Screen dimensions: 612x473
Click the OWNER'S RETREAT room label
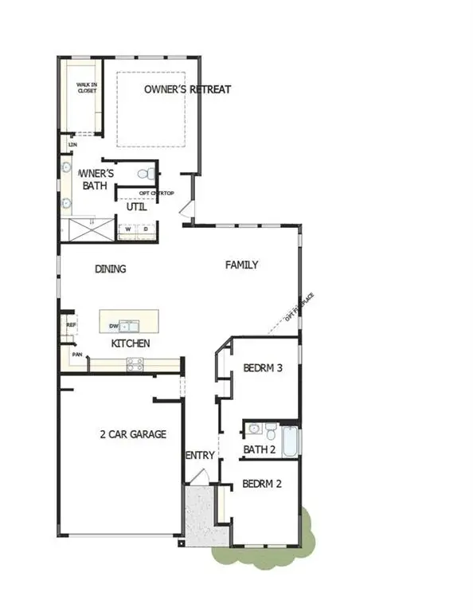[x=187, y=89]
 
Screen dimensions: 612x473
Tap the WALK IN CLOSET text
[x=86, y=88]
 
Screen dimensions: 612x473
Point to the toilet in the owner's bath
[x=144, y=174]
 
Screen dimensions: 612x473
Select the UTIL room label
[x=135, y=207]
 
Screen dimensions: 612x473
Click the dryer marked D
[x=146, y=230]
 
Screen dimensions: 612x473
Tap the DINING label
[x=111, y=269]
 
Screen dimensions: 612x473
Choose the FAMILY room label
[x=241, y=265]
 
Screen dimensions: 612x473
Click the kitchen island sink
[x=131, y=325]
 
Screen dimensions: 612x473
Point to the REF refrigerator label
[x=71, y=325]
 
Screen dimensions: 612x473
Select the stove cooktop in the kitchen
[x=135, y=364]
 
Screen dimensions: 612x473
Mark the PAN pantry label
[x=77, y=355]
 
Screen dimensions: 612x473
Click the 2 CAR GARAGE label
[x=133, y=434]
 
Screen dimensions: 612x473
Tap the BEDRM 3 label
[x=263, y=368]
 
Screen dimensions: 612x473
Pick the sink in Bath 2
[x=254, y=429]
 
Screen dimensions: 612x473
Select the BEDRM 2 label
[x=261, y=484]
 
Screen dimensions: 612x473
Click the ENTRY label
[x=200, y=455]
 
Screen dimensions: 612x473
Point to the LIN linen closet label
[x=72, y=145]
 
